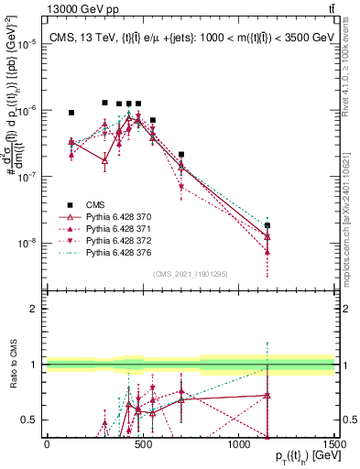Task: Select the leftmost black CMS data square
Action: [71, 113]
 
